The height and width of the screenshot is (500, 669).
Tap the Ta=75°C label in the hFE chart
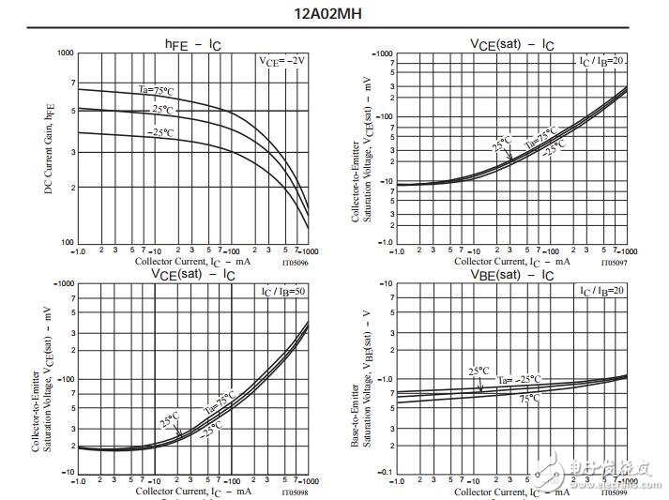[159, 90]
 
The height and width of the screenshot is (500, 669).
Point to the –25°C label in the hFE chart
[160, 132]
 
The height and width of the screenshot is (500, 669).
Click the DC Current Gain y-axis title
[48, 148]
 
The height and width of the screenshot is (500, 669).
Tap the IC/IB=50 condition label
[283, 291]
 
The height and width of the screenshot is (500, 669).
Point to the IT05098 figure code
[296, 492]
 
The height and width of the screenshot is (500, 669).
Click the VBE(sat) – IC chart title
[510, 274]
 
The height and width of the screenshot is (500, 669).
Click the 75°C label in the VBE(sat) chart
[529, 399]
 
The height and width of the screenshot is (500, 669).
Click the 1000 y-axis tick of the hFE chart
[64, 53]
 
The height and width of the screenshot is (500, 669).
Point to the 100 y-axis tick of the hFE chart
[66, 243]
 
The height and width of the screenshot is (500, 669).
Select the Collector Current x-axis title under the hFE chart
[193, 262]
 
